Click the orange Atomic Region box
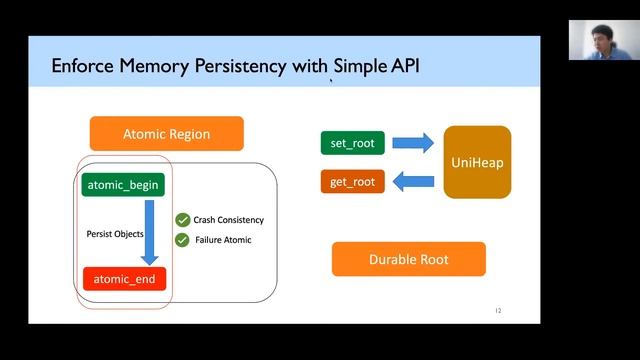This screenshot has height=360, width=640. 166,134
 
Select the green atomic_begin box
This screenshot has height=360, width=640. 123,185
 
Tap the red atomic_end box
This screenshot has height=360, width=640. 123,279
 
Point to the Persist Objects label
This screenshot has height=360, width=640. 114,233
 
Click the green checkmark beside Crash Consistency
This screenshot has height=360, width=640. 182,220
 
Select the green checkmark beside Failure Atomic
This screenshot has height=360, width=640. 182,240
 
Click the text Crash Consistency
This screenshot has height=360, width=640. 228,220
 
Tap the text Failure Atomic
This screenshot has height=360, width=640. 222,240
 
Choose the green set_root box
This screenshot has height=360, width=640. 351,143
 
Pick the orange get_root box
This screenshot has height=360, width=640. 351,181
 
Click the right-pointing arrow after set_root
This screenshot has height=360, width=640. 412,143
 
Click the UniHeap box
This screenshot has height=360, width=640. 477,162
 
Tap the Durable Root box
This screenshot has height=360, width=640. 408,259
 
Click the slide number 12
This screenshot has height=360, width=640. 498,311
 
